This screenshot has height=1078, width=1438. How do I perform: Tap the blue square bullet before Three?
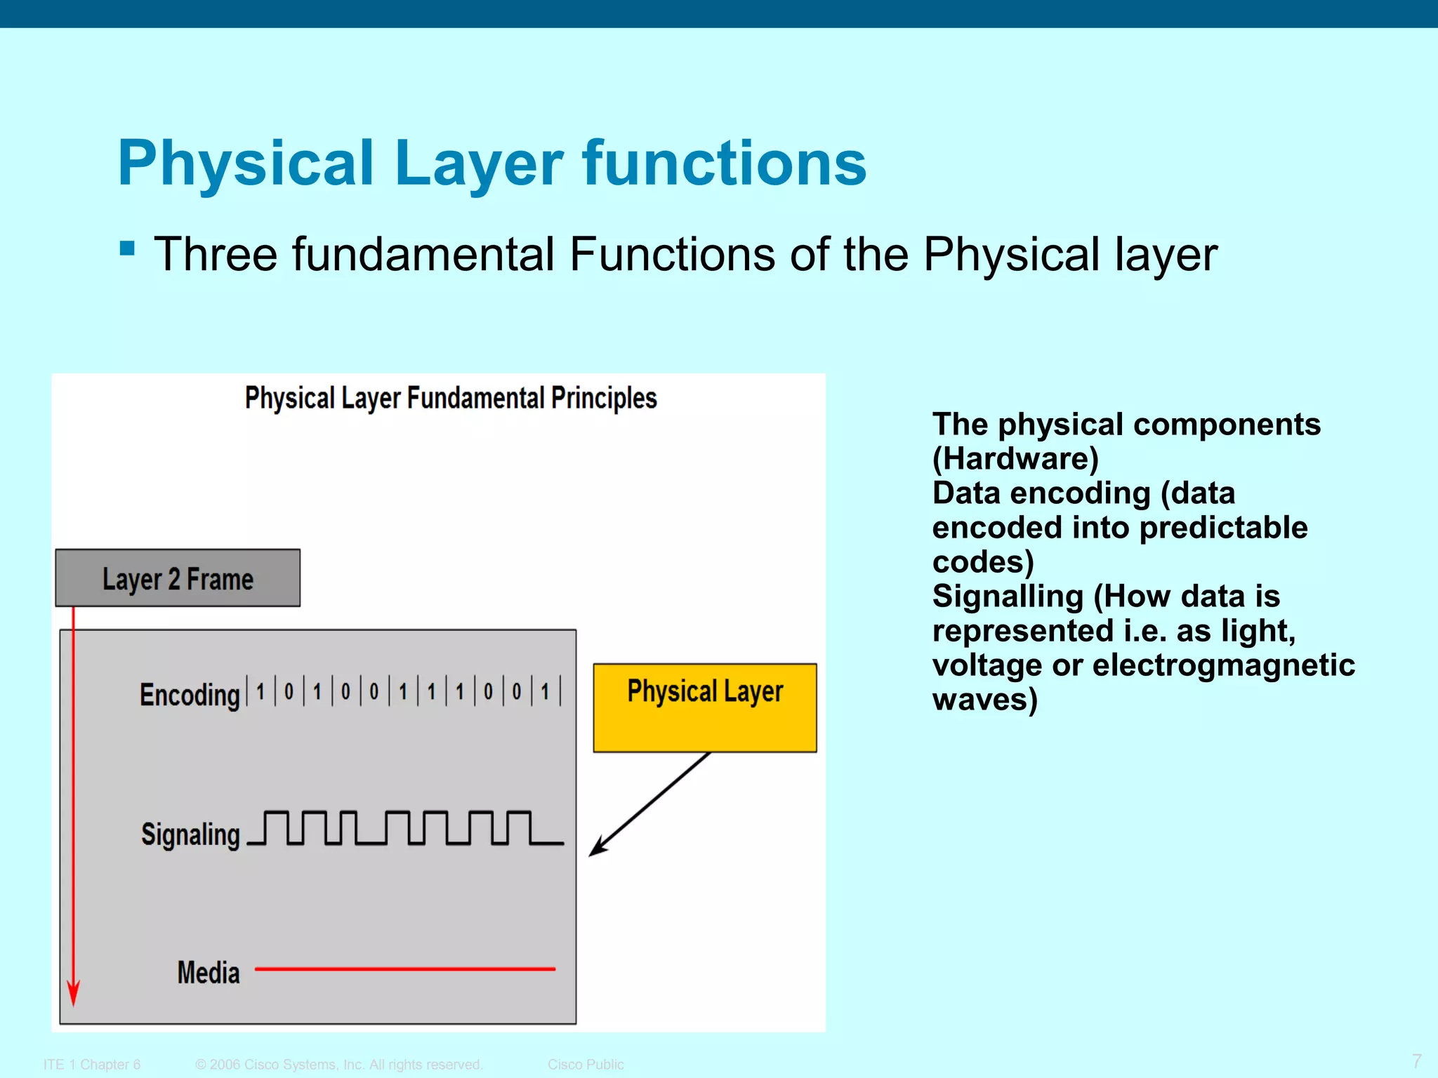pos(127,248)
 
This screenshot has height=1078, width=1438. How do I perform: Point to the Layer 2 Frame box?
pos(178,578)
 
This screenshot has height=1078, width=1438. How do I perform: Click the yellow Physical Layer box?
pos(705,707)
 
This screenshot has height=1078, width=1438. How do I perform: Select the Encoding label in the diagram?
pos(190,695)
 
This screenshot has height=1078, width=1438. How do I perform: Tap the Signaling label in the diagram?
pos(190,834)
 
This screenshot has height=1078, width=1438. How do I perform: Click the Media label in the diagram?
pos(209,973)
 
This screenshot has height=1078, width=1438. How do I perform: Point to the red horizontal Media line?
pos(405,969)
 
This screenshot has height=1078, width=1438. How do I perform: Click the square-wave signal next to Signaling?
pos(405,827)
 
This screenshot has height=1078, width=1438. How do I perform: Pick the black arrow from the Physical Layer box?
pos(649,804)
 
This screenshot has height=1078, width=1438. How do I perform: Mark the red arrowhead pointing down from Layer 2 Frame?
pos(73,993)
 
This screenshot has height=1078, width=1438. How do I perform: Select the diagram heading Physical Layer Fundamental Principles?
pos(451,398)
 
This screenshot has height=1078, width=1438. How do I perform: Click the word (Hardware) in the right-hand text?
pos(1015,459)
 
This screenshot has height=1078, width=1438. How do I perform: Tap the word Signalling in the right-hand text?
pos(1008,597)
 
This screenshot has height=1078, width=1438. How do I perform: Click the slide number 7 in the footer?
pos(1416,1060)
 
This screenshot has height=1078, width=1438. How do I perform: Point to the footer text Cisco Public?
pos(586,1065)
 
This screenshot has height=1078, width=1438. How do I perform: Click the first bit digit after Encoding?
pos(260,692)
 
